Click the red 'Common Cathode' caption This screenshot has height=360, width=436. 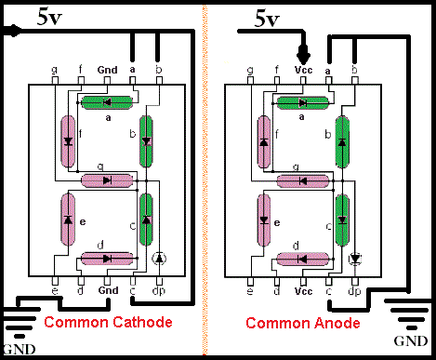click(x=108, y=322)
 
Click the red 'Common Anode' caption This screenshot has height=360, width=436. click(x=303, y=323)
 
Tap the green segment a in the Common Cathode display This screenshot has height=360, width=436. click(x=107, y=102)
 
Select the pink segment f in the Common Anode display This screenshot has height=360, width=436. click(x=264, y=141)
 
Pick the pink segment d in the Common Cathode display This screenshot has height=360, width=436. click(x=107, y=259)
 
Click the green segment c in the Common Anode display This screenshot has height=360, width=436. click(x=342, y=220)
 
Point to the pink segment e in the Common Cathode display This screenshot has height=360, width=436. click(x=68, y=220)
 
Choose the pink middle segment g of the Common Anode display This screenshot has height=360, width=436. click(x=303, y=181)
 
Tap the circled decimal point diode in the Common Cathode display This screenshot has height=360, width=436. click(x=159, y=259)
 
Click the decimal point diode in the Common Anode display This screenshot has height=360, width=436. click(x=355, y=259)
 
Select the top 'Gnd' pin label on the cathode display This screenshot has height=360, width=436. click(x=108, y=70)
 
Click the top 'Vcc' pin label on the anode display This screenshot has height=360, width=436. click(x=303, y=70)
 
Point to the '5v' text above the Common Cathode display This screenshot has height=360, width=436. click(x=49, y=17)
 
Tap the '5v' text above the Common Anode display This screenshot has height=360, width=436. click(x=267, y=19)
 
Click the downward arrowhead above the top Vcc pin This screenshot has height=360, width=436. click(x=303, y=55)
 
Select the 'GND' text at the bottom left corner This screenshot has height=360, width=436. click(x=20, y=350)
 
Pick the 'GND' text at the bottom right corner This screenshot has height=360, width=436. click(x=411, y=341)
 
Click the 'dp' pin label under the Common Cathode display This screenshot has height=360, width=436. click(x=159, y=291)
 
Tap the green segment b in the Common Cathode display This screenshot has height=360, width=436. click(x=146, y=141)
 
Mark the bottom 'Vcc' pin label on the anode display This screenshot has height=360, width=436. click(x=303, y=291)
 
